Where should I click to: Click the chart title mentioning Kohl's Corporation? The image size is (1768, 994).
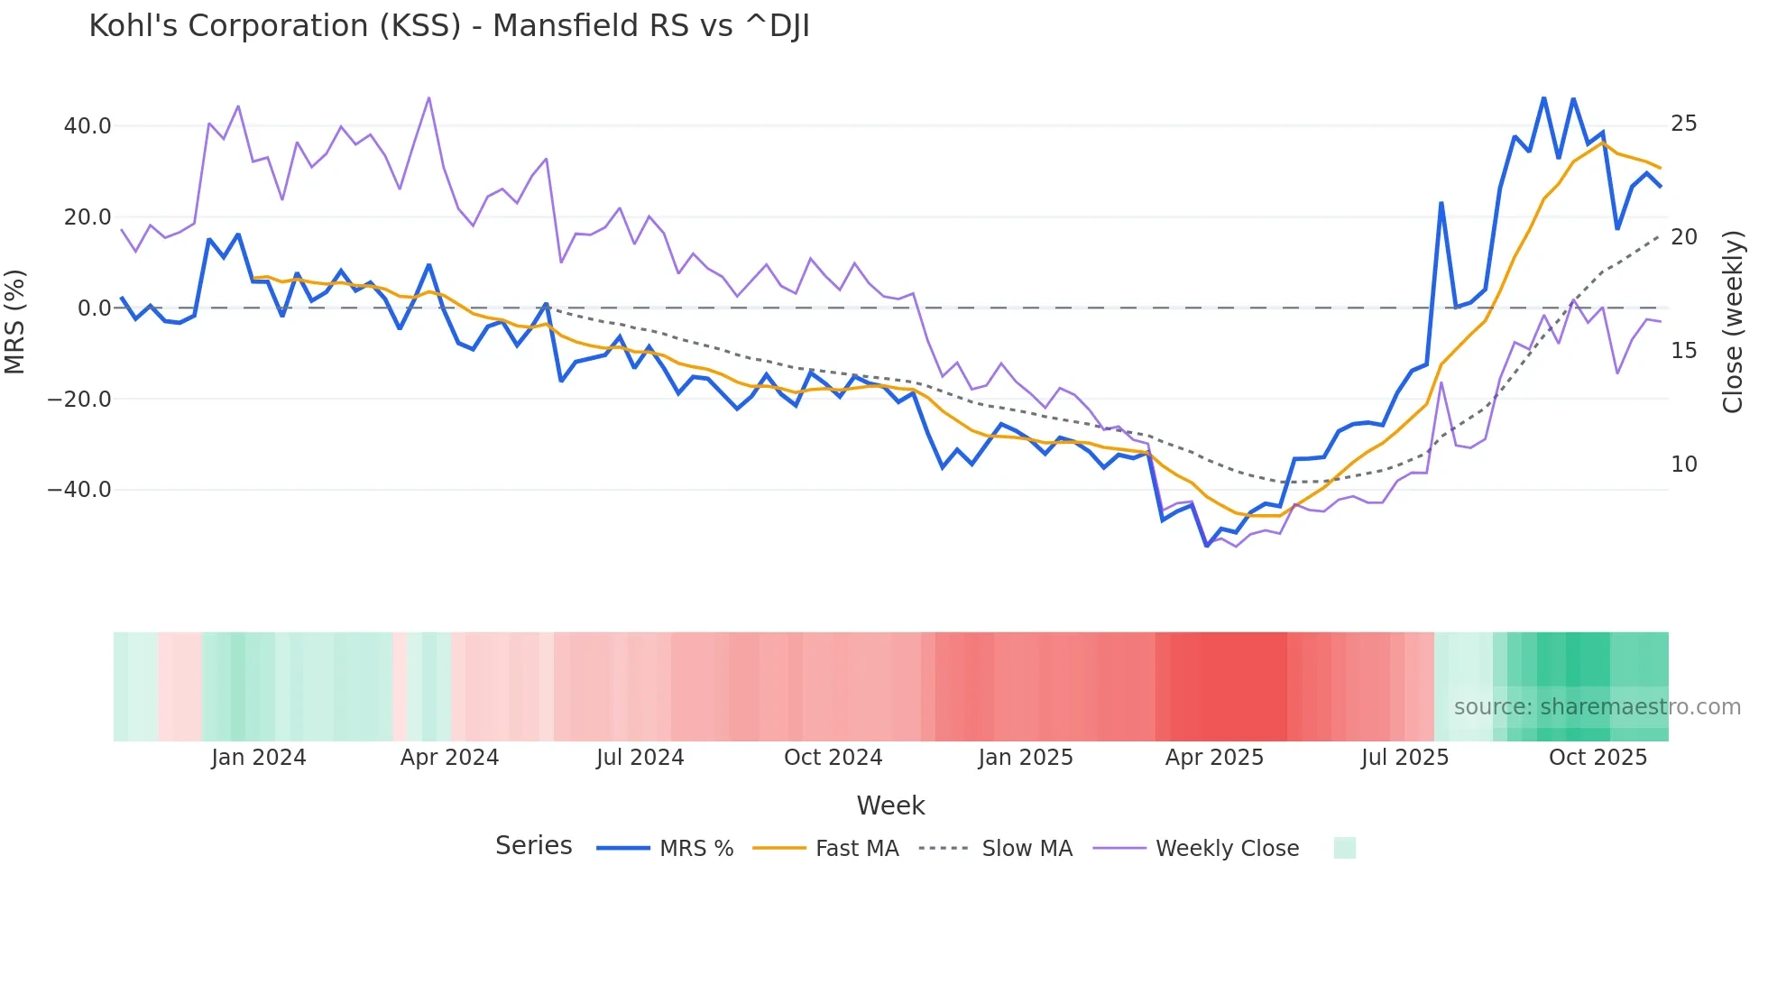448,26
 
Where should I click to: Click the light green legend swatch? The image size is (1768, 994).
1344,848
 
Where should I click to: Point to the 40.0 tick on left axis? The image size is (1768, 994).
87,126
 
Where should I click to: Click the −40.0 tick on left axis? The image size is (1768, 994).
79,490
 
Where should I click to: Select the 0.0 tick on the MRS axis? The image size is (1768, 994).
94,308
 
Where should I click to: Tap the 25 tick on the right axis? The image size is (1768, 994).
1683,124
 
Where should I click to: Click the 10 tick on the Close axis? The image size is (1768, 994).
1683,465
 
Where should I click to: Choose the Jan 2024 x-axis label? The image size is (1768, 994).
259,758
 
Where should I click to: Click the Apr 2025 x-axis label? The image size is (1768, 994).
1214,758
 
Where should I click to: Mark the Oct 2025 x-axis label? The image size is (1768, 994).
1598,758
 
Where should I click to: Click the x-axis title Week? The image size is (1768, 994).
890,805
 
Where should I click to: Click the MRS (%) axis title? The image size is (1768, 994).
15,322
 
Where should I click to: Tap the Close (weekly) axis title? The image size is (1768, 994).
1733,322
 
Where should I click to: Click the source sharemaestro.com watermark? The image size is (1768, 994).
1597,707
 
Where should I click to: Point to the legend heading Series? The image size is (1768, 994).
533,846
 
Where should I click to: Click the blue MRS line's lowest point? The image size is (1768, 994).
1207,546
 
